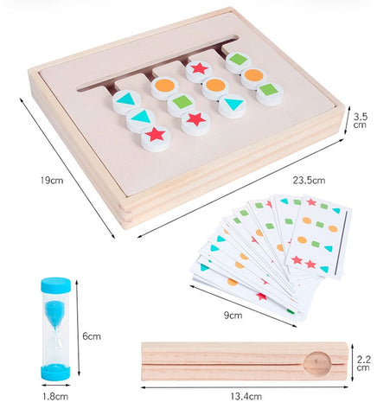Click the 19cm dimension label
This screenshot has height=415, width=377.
52,181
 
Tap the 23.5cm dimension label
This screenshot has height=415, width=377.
309,181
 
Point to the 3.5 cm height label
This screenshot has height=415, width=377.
360,121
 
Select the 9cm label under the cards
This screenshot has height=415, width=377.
233,315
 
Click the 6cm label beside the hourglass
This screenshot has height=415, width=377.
92,336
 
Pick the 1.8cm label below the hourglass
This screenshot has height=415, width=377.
55,396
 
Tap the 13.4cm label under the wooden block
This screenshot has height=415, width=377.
246,396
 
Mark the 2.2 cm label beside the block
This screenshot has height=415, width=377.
363,363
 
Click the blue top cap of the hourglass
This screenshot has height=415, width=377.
55,284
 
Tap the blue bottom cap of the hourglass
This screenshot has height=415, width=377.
55,372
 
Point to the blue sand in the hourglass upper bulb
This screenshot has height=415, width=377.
54,313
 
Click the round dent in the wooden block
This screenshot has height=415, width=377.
317,364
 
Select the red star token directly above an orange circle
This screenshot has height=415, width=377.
199,71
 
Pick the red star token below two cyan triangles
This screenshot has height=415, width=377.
156,137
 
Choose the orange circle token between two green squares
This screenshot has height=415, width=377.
253,77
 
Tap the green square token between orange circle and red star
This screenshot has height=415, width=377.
181,103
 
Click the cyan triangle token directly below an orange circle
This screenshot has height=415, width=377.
233,105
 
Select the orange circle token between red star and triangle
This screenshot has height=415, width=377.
215,87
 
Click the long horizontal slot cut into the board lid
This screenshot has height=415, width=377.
158,63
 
